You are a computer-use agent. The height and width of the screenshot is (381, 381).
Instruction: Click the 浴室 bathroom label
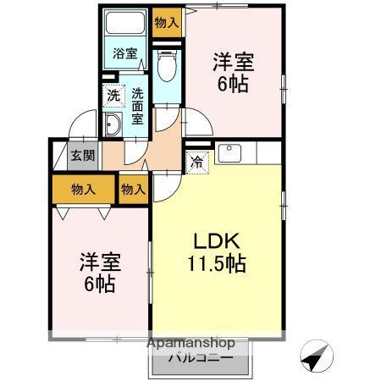coord(125,53)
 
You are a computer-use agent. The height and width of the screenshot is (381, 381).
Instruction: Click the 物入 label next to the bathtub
coord(166,23)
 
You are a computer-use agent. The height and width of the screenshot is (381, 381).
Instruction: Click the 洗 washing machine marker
coord(113,96)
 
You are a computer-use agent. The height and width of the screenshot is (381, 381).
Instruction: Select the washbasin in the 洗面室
coord(113,126)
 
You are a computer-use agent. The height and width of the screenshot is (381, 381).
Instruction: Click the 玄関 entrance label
coord(82,156)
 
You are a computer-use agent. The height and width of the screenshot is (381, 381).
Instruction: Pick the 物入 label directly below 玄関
coord(82,189)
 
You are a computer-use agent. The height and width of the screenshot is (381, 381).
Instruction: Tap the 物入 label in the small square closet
coord(133,189)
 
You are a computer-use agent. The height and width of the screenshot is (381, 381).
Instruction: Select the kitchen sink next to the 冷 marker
coord(229,154)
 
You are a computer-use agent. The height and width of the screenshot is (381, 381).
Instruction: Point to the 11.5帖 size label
coord(216,263)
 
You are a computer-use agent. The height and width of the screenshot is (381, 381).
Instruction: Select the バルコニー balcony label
coord(199,359)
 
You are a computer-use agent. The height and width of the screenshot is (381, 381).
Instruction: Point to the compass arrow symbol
coord(315,359)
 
